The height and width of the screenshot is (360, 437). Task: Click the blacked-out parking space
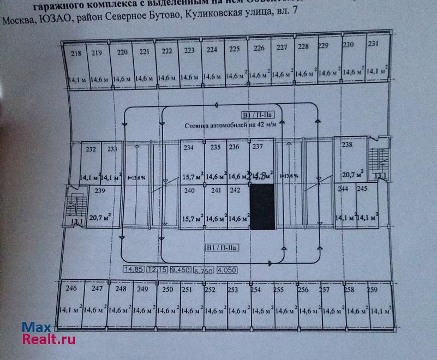click(262, 206)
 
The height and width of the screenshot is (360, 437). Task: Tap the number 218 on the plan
click(76, 53)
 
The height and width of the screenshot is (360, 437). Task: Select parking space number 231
click(373, 44)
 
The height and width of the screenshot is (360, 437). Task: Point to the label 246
click(71, 289)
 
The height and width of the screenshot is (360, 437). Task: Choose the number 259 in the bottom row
click(373, 290)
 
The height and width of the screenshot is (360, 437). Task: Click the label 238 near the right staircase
click(347, 145)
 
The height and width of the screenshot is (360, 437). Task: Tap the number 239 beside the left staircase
click(99, 191)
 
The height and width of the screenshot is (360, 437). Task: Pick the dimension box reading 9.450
click(181, 270)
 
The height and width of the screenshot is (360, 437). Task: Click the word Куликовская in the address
click(230, 20)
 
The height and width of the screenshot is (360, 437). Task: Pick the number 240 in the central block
click(189, 191)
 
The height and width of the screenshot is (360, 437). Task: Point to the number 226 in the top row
click(259, 49)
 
